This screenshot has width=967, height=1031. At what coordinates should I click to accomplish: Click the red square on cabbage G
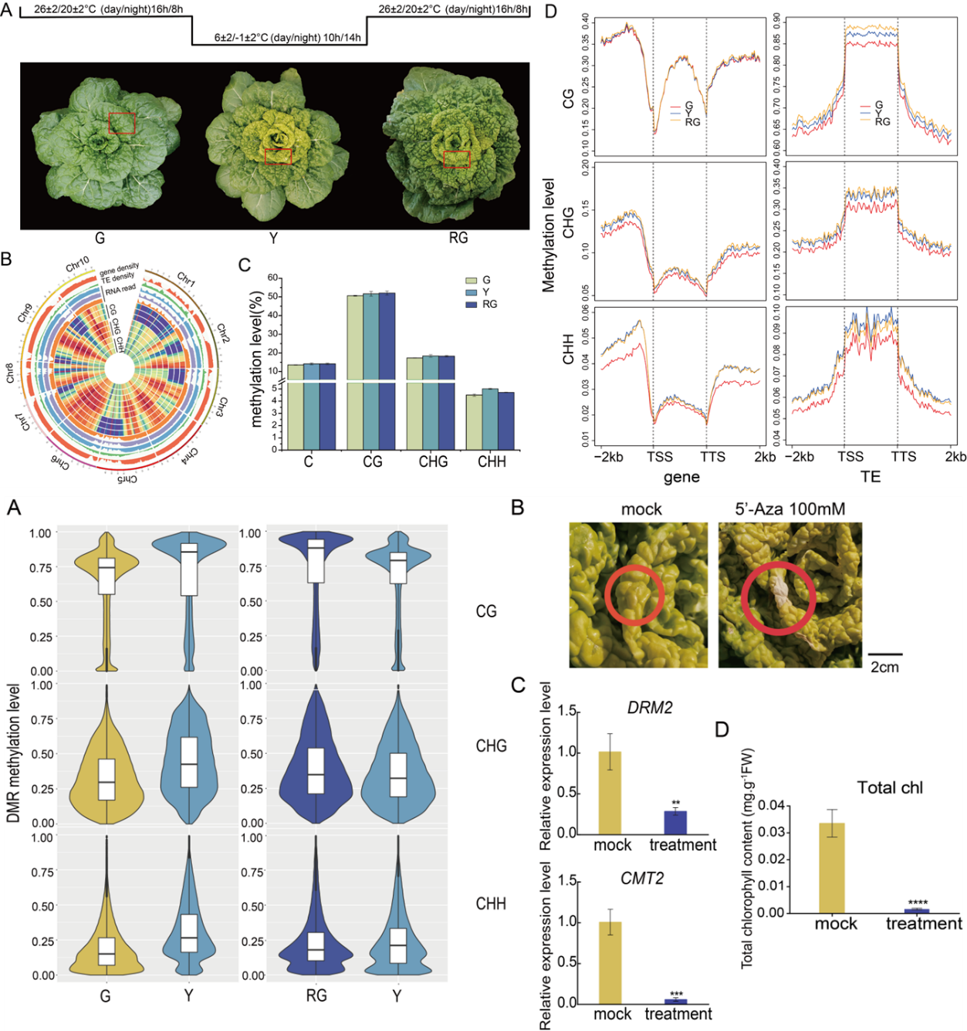[122, 123]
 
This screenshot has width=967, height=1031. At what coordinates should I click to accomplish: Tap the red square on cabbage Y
[278, 156]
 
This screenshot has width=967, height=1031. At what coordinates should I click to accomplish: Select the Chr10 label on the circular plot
[77, 265]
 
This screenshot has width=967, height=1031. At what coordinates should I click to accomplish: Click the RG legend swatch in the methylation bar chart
[472, 305]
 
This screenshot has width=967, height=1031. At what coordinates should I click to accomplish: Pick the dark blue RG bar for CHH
[506, 421]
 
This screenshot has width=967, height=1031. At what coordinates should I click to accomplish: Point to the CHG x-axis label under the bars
[433, 461]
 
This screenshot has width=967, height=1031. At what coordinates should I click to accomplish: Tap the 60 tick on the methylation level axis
[273, 278]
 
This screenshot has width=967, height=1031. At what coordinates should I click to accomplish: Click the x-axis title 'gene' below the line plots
[681, 477]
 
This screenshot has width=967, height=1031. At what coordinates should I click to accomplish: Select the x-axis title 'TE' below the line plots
[871, 477]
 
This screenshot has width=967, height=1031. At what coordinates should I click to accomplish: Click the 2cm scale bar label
[884, 668]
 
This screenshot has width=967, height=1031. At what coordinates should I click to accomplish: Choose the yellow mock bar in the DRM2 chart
[610, 793]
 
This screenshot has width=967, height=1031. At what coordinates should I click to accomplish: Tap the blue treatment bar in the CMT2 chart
[676, 1001]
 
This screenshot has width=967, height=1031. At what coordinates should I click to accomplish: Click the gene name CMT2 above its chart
[642, 879]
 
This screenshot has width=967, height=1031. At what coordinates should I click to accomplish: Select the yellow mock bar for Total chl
[832, 867]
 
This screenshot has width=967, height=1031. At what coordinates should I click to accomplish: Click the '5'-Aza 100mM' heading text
[789, 509]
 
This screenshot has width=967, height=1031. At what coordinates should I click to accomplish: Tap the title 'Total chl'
[890, 788]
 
